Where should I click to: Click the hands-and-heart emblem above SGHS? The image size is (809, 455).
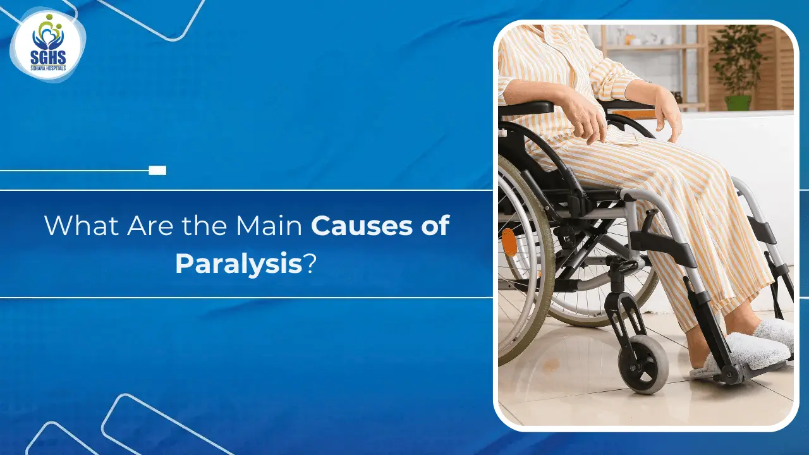click(47, 35)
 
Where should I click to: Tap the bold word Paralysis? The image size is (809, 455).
click(239, 264)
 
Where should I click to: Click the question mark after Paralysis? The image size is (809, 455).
click(309, 264)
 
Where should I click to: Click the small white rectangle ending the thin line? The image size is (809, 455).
click(157, 171)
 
